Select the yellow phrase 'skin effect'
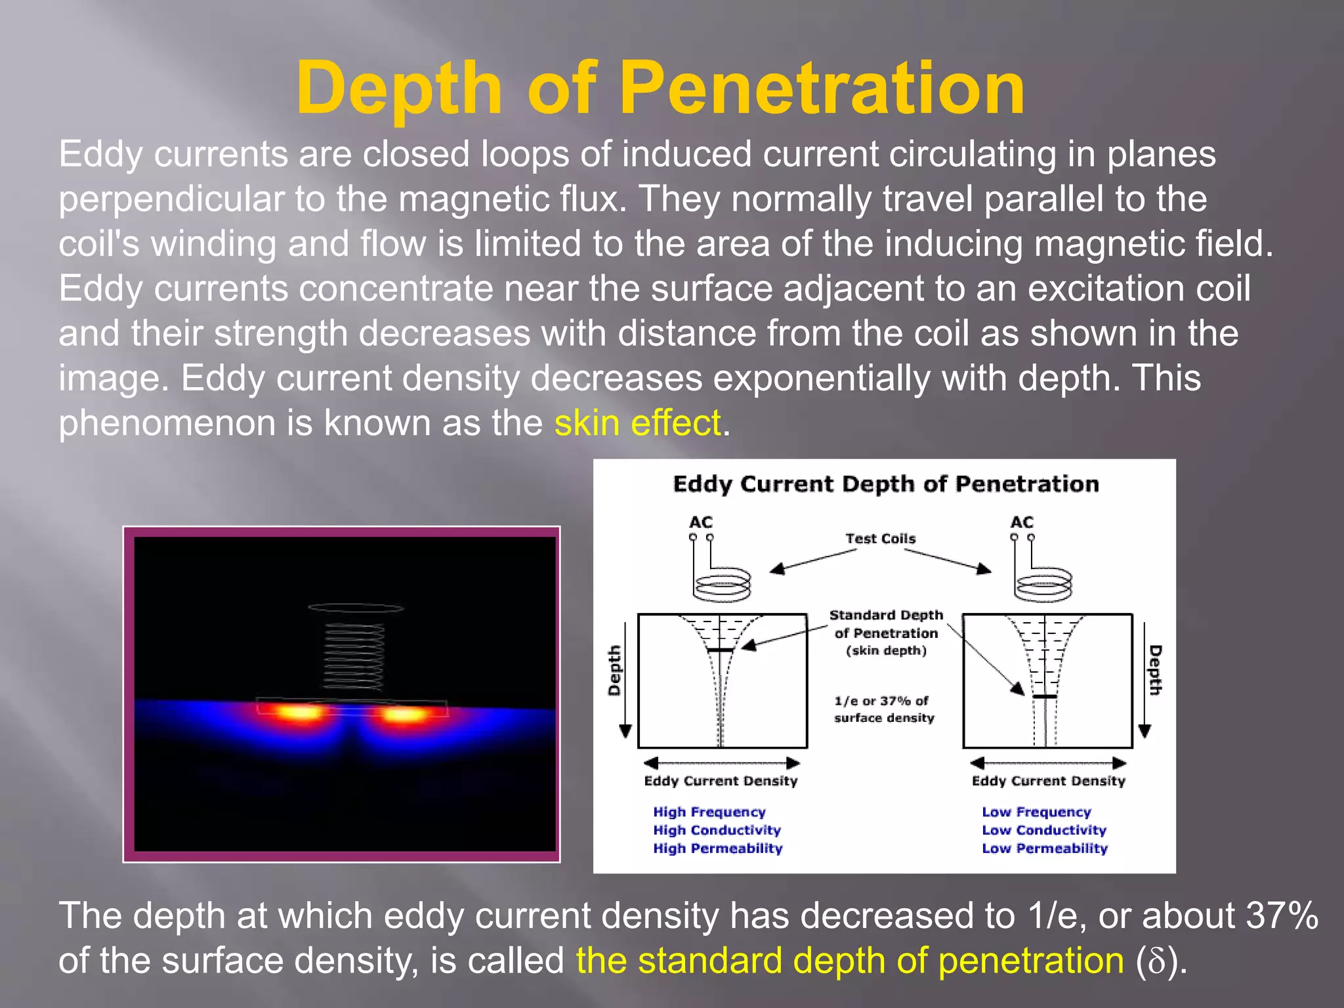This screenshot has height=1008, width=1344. click(x=637, y=423)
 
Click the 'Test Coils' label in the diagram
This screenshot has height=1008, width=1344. click(x=880, y=539)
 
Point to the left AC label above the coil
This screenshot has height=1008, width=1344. click(x=700, y=522)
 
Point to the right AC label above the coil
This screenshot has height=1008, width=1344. click(x=1022, y=522)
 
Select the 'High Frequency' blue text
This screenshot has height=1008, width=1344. click(x=709, y=812)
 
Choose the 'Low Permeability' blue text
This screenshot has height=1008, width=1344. click(x=1044, y=849)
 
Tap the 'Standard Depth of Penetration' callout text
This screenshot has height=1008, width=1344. click(x=886, y=633)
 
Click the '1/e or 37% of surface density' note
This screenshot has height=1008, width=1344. click(x=883, y=709)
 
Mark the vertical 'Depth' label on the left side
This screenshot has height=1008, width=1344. click(x=614, y=670)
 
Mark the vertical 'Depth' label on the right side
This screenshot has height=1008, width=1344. click(x=1155, y=670)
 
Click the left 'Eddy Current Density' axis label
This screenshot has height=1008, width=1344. click(x=721, y=781)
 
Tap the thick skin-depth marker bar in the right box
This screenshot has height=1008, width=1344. click(x=1045, y=696)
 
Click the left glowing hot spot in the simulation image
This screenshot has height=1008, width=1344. click(x=301, y=712)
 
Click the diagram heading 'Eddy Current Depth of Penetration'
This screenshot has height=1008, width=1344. click(x=886, y=484)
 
